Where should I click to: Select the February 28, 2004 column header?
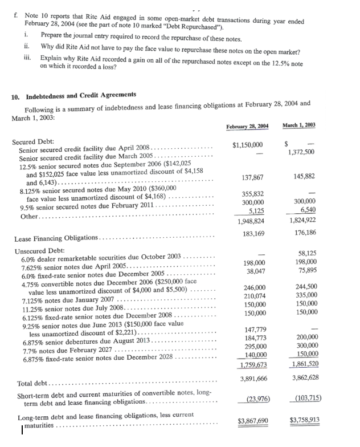tap(247, 125)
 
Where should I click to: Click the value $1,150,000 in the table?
tap(248, 145)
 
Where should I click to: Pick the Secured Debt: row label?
tap(33, 141)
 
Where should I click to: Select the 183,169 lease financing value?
tap(253, 234)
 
